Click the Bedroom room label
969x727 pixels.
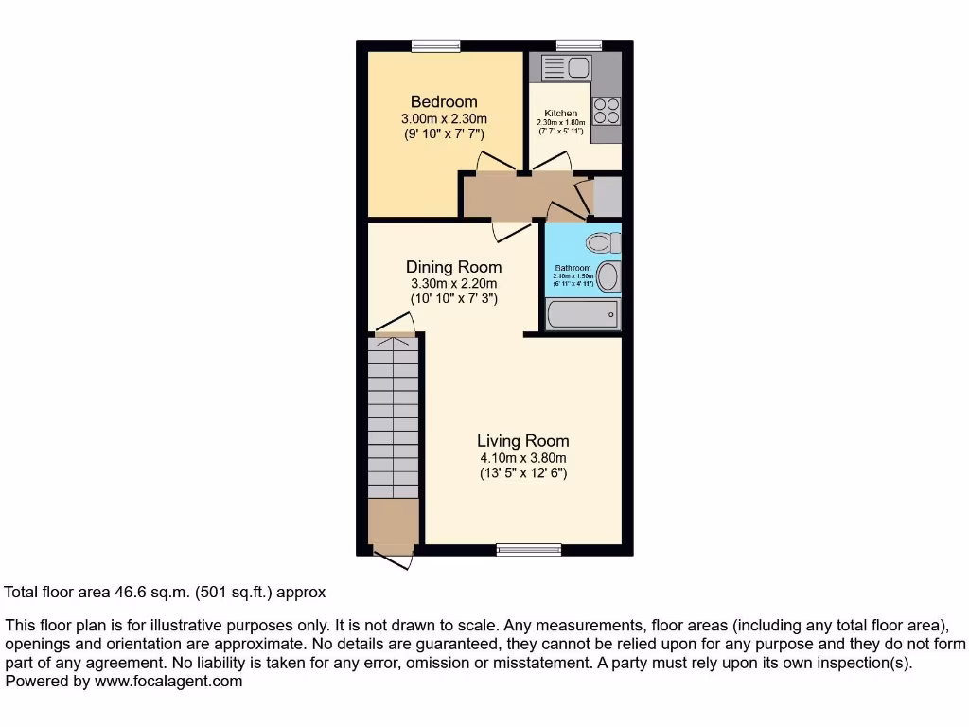pos(443,101)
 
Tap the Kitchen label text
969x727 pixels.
pos(560,114)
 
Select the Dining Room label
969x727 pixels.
pos(453,267)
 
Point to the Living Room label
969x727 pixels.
pos(522,441)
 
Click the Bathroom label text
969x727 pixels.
pos(573,268)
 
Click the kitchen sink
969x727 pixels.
pos(566,67)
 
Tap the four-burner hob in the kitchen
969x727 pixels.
pos(606,112)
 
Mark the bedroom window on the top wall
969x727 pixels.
pos(435,45)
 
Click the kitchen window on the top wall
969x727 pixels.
pos(578,45)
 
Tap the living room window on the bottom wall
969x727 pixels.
pos(528,549)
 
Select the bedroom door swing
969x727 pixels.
pos(496,163)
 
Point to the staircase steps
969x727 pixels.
pos(393,417)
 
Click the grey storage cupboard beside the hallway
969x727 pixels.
pos(607,197)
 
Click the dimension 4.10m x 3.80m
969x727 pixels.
pos(522,458)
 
